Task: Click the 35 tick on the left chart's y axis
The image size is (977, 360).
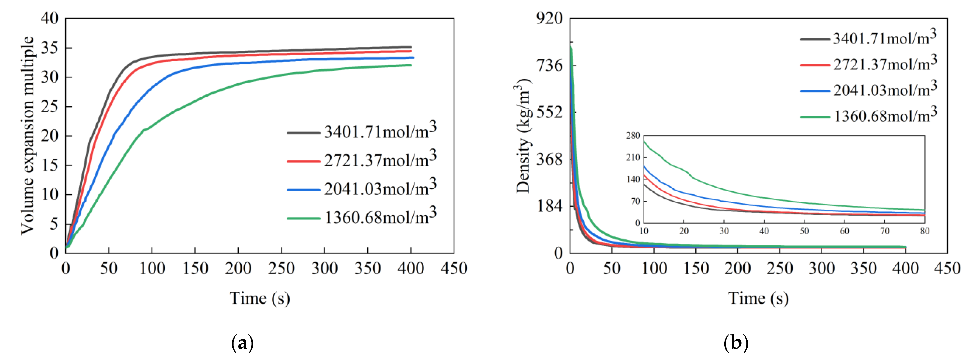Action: [50, 48]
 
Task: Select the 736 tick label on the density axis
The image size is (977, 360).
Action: [549, 65]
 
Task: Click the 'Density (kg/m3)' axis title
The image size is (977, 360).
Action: [524, 135]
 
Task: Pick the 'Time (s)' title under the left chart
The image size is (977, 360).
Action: [260, 298]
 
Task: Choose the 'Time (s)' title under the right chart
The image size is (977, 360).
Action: [758, 298]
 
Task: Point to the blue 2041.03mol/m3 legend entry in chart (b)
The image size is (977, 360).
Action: [869, 90]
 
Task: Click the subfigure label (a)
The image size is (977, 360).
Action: [242, 343]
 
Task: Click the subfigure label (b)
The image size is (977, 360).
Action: [736, 343]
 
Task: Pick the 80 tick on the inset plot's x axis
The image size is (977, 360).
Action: [925, 231]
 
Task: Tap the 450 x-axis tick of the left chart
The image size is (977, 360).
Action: [454, 269]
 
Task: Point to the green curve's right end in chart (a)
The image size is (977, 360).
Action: [411, 65]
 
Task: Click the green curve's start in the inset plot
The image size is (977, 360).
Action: [644, 141]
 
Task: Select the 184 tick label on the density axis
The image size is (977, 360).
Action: [549, 206]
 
